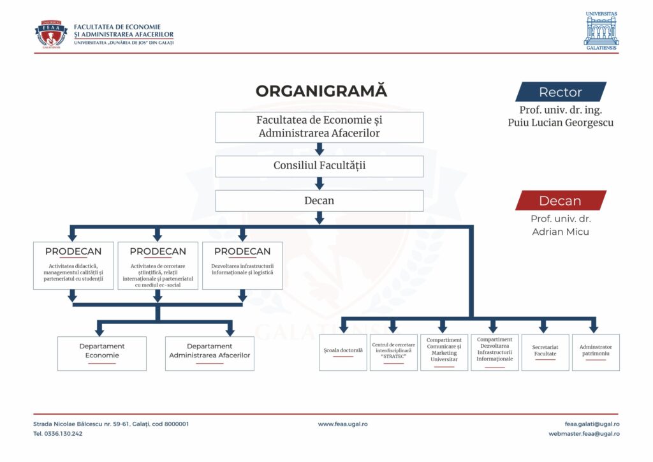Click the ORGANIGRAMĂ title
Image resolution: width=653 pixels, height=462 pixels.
coord(321,91)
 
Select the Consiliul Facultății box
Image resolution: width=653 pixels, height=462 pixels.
coord(319,166)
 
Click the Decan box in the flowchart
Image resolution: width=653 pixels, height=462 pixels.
coord(319,200)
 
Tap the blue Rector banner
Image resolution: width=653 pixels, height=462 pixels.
coord(561,92)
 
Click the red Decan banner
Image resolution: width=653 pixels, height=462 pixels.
coord(561,200)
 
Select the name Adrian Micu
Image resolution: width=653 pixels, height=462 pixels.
coord(561,232)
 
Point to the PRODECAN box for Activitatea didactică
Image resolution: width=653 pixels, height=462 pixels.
coord(73,265)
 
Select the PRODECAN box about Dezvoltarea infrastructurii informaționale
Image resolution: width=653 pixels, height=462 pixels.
coord(242,265)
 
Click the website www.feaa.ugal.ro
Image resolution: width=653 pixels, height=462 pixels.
coord(342,424)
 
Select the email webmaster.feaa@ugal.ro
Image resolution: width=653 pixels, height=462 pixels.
coord(583,434)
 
